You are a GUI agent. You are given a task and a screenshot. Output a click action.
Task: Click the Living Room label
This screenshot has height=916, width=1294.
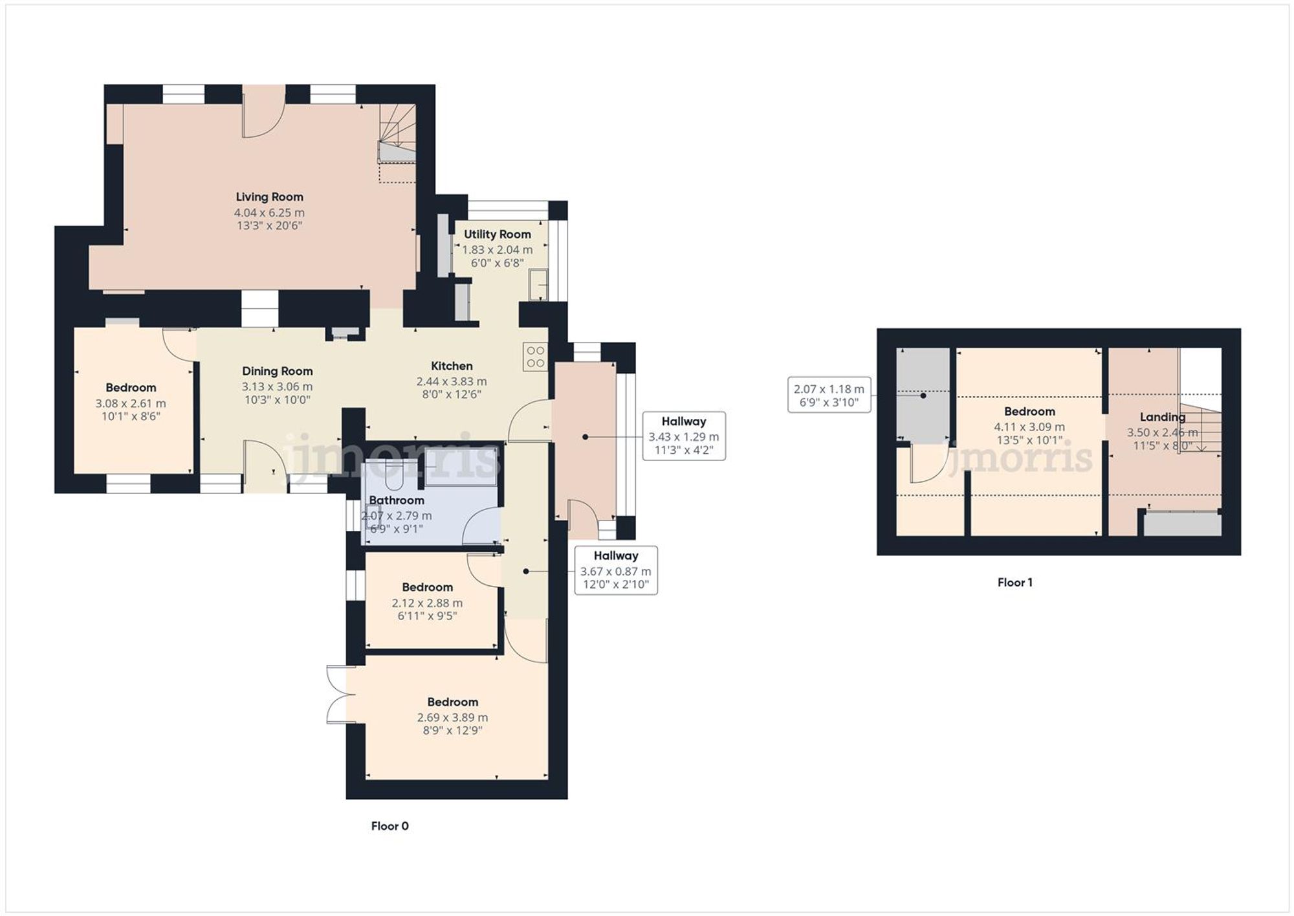[269, 197]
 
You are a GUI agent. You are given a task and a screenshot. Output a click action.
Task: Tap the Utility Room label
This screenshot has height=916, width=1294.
[497, 234]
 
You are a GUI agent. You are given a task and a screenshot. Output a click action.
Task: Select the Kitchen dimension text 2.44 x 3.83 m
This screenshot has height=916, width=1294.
[452, 381]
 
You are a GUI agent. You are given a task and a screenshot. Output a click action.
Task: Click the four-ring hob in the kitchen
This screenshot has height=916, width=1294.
[536, 356]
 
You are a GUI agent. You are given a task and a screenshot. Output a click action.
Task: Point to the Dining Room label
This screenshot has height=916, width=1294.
[277, 371]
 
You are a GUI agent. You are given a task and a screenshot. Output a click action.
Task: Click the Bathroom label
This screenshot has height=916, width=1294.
[396, 500]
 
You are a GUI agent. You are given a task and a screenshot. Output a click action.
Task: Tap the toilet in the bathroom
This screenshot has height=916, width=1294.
[393, 476]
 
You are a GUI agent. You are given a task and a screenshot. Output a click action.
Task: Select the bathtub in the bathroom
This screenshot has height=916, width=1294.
[461, 466]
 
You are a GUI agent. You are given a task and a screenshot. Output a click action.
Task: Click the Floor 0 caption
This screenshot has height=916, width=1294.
[389, 826]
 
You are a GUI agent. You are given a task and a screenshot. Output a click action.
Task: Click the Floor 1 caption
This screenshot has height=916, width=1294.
[1014, 583]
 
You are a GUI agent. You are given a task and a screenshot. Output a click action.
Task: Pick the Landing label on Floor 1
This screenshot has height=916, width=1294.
[1162, 417]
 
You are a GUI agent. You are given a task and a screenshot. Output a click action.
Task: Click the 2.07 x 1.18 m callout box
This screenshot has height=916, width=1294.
[829, 395]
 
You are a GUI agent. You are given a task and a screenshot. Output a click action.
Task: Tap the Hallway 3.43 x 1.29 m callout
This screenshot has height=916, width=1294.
[683, 436]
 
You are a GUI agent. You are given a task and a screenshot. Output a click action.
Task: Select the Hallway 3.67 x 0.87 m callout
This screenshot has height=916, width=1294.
[615, 570]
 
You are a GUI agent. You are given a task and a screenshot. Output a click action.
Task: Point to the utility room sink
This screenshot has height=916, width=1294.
[538, 285]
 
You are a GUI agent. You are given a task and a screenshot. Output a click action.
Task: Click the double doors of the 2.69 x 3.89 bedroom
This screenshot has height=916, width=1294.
[340, 695]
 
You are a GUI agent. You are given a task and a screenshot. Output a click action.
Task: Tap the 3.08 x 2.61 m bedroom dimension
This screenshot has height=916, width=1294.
[131, 403]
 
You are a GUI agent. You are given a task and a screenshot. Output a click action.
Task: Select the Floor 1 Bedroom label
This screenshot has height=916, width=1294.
[1029, 411]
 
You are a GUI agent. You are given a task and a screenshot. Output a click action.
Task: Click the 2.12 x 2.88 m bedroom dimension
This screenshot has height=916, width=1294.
[427, 603]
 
